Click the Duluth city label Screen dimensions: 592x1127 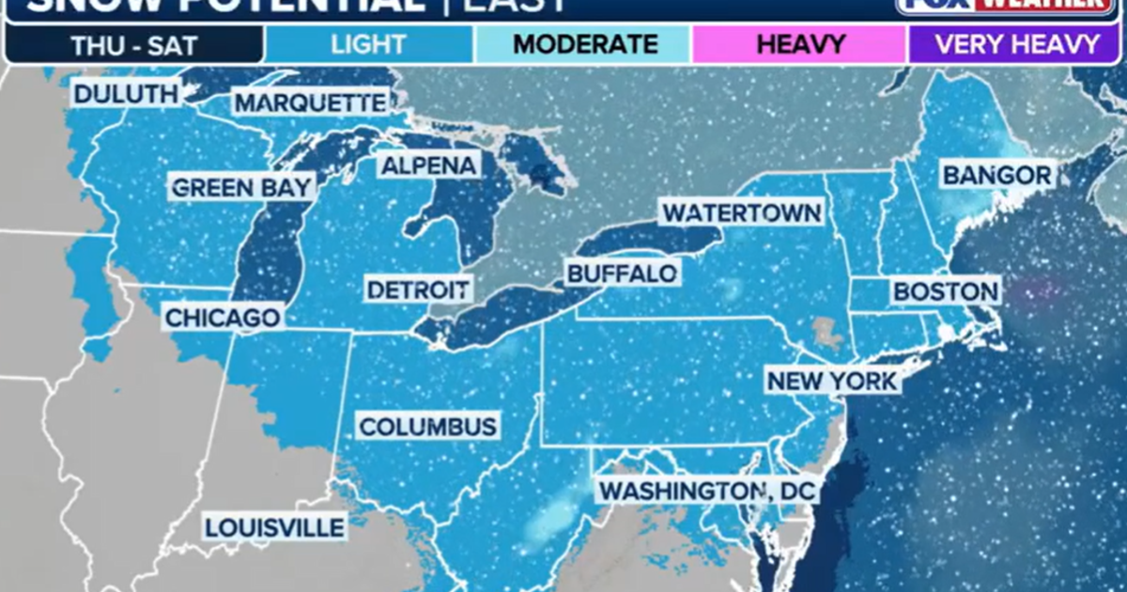point(125,94)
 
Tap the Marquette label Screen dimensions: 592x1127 point(311,102)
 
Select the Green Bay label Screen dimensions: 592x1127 point(241,187)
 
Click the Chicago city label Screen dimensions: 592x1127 point(223,318)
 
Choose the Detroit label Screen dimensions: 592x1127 point(418,288)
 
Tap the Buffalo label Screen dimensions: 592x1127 point(622,273)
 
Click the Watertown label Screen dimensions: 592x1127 point(741,213)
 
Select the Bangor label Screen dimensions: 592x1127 point(996,176)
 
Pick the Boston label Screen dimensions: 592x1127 point(945,291)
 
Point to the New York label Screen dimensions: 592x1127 point(832,382)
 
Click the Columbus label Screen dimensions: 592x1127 point(427,427)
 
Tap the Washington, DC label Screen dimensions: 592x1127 point(708,491)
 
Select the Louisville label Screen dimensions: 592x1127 point(274,527)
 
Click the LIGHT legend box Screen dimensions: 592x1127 point(368,44)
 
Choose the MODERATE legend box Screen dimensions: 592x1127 point(584,44)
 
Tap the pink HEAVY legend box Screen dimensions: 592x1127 point(799,44)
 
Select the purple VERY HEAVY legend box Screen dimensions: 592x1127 point(1016,44)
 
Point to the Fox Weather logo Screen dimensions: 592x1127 point(1002,5)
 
